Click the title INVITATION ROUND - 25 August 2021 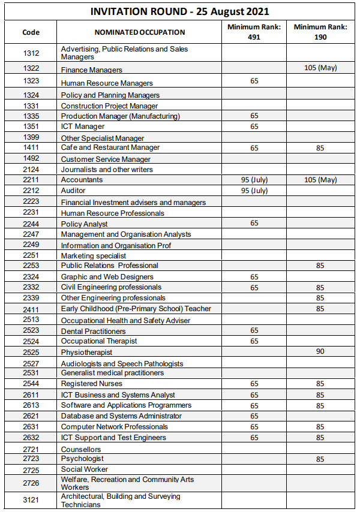[x=179, y=11]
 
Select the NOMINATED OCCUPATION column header [x=140, y=32]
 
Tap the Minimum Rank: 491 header [x=254, y=32]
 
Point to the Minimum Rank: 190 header [x=320, y=32]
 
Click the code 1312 [x=31, y=53]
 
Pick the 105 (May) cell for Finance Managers [x=320, y=68]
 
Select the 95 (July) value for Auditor [x=254, y=191]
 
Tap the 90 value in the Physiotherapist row [x=320, y=351]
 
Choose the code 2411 [x=31, y=309]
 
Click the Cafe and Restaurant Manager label [x=110, y=147]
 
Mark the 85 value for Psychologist [x=320, y=459]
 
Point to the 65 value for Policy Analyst [x=254, y=223]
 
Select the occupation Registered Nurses [x=91, y=384]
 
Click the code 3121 [x=31, y=500]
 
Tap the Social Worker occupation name [x=85, y=469]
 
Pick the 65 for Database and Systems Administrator [x=254, y=416]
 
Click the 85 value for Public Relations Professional [x=320, y=266]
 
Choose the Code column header [x=31, y=32]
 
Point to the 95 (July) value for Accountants [x=254, y=180]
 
